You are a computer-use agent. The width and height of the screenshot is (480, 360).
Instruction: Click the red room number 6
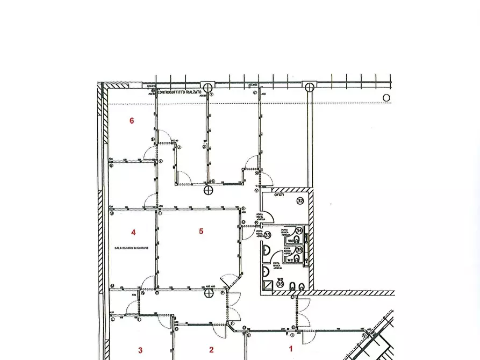point(132,121)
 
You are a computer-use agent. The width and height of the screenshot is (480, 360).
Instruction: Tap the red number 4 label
point(133,233)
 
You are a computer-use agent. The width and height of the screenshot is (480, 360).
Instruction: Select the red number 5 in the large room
point(201,232)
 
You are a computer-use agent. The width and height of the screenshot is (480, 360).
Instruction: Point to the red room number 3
point(140,350)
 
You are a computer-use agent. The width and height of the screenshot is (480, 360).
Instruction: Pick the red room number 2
point(211,350)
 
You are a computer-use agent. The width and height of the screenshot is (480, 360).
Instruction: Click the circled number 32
point(300,200)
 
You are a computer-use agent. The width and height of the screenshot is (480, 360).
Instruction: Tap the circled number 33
point(267,234)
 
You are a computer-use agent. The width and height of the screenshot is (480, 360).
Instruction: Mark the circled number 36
point(280,283)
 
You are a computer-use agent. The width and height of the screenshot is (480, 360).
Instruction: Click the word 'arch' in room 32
point(279,195)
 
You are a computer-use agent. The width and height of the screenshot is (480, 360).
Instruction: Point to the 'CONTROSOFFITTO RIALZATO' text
point(180,92)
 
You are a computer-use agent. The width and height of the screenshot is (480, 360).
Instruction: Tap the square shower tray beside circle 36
point(267,286)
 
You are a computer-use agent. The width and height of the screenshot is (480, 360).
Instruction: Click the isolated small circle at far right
point(386,98)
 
